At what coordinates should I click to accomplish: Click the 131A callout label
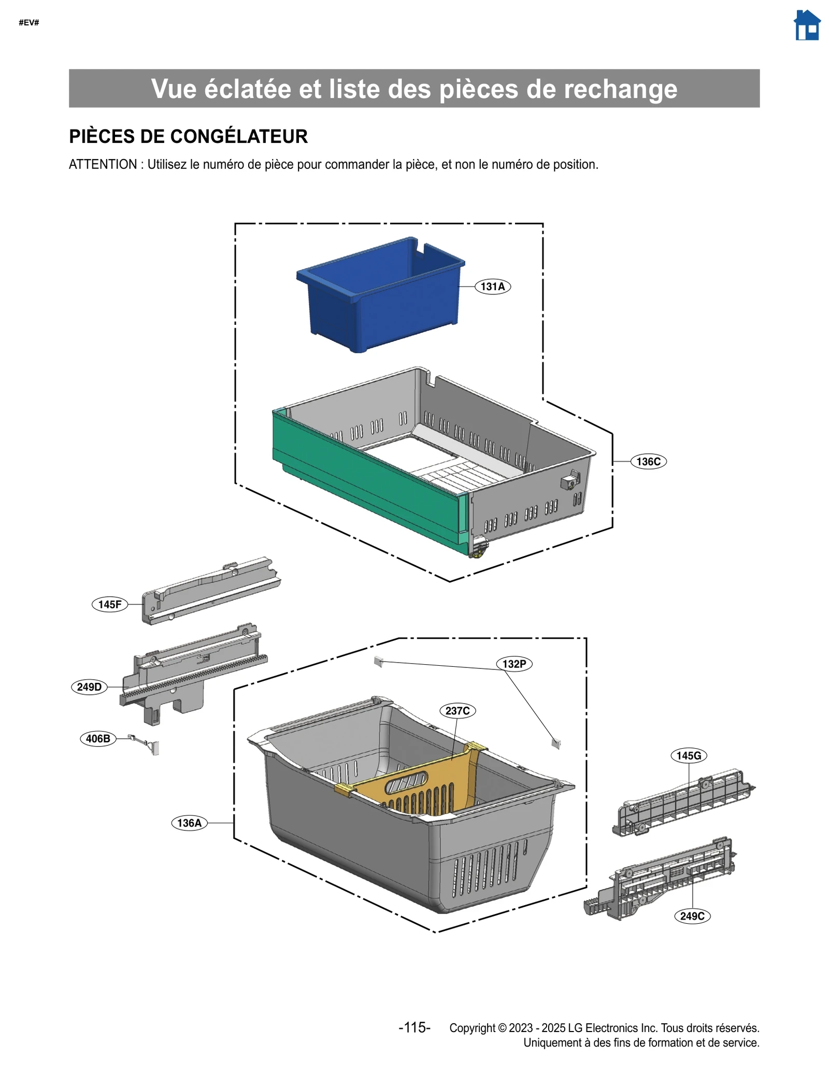click(x=492, y=287)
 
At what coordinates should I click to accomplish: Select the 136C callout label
click(x=648, y=462)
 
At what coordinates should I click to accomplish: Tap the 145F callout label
click(x=110, y=604)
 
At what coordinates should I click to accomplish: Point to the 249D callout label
click(x=89, y=687)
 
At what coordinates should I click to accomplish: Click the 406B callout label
click(x=98, y=738)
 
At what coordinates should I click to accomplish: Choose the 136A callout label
click(x=189, y=823)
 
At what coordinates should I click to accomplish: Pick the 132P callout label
click(x=514, y=664)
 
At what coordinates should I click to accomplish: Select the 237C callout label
click(x=458, y=710)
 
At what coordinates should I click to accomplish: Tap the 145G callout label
click(x=689, y=755)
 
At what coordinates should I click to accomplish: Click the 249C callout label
click(x=692, y=916)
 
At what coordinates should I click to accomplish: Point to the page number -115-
click(x=414, y=1027)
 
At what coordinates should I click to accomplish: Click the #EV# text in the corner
click(x=29, y=23)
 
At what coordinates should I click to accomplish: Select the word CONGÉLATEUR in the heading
click(x=239, y=137)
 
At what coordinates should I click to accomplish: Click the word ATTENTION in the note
click(x=103, y=165)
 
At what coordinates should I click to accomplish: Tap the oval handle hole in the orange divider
click(x=406, y=783)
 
